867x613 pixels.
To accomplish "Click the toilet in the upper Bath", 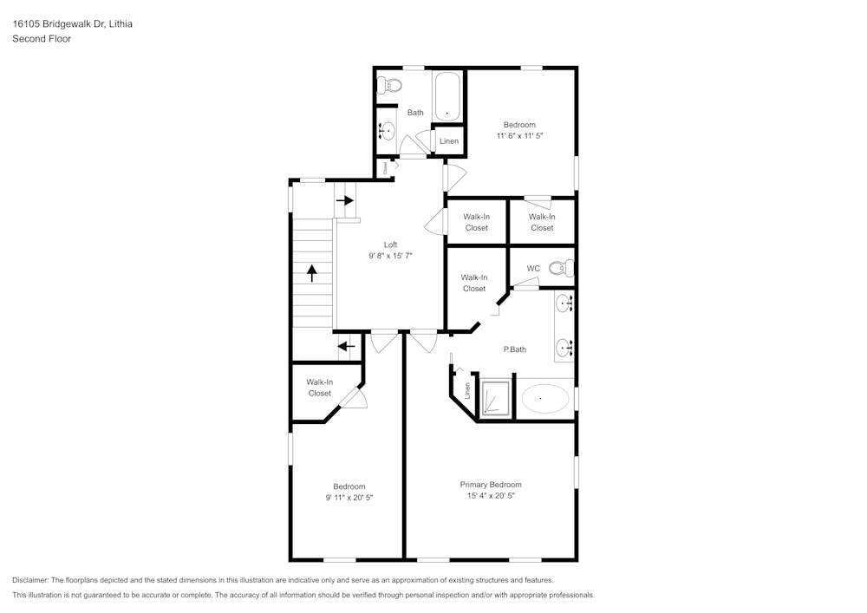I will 392,85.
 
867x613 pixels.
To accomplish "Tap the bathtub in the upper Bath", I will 447,96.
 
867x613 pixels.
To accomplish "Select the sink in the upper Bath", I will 388,132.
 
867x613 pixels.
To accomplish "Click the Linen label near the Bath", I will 449,141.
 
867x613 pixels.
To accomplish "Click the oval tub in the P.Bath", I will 545,400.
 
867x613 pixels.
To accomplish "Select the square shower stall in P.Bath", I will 495,399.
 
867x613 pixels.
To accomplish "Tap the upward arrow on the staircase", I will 312,273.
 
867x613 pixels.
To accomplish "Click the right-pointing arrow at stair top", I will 345,200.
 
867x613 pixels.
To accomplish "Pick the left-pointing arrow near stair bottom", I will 346,347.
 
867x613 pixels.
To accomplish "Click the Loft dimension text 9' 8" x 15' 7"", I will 391,256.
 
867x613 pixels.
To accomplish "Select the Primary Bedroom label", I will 491,485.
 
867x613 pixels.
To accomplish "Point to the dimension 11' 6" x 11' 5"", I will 519,136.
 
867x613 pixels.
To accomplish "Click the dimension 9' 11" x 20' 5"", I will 349,498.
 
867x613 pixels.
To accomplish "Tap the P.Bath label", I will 515,349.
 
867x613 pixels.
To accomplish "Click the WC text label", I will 533,269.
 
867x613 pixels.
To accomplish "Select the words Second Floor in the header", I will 42,39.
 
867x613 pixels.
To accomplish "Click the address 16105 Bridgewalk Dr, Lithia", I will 72,24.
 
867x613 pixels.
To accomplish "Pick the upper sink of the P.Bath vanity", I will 564,303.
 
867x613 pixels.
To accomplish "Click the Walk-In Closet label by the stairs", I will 320,388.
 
